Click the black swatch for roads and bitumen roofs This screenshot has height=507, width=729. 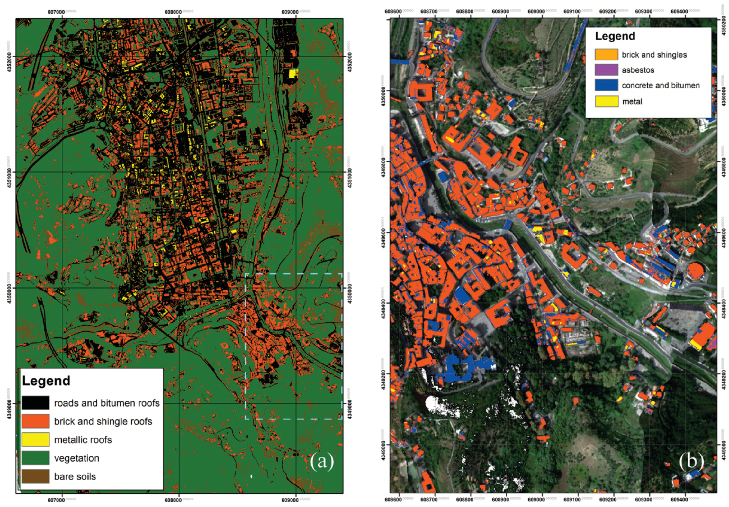tap(35, 402)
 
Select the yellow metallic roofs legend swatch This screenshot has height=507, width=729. tap(35, 439)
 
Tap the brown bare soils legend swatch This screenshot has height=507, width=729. tap(35, 476)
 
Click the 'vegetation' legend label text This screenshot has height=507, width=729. tap(76, 458)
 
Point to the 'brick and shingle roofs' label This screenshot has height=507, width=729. tap(103, 421)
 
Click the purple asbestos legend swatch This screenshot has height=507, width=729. tap(606, 70)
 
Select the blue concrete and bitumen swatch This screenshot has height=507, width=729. tap(606, 85)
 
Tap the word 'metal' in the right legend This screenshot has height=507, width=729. tap(632, 102)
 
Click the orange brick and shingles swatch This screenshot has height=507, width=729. tap(606, 54)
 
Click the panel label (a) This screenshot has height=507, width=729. tap(322, 462)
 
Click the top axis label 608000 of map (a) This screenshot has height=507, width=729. tap(173, 12)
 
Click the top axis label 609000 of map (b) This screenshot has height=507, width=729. tap(536, 12)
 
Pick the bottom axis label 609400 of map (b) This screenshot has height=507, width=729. tap(679, 500)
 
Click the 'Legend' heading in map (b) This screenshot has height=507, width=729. tap(615, 36)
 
